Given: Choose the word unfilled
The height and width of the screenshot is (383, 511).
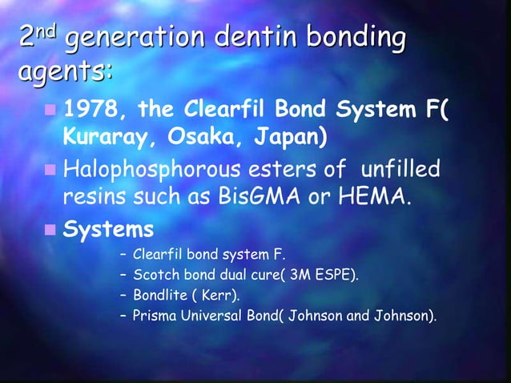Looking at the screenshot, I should (401, 169).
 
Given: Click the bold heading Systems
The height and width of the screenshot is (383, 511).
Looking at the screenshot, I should (108, 230).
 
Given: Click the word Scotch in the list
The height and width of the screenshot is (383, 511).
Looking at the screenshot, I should (154, 276).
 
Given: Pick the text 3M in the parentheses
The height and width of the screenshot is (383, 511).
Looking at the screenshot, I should (300, 276).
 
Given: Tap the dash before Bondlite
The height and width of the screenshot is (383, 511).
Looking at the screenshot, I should (123, 296).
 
